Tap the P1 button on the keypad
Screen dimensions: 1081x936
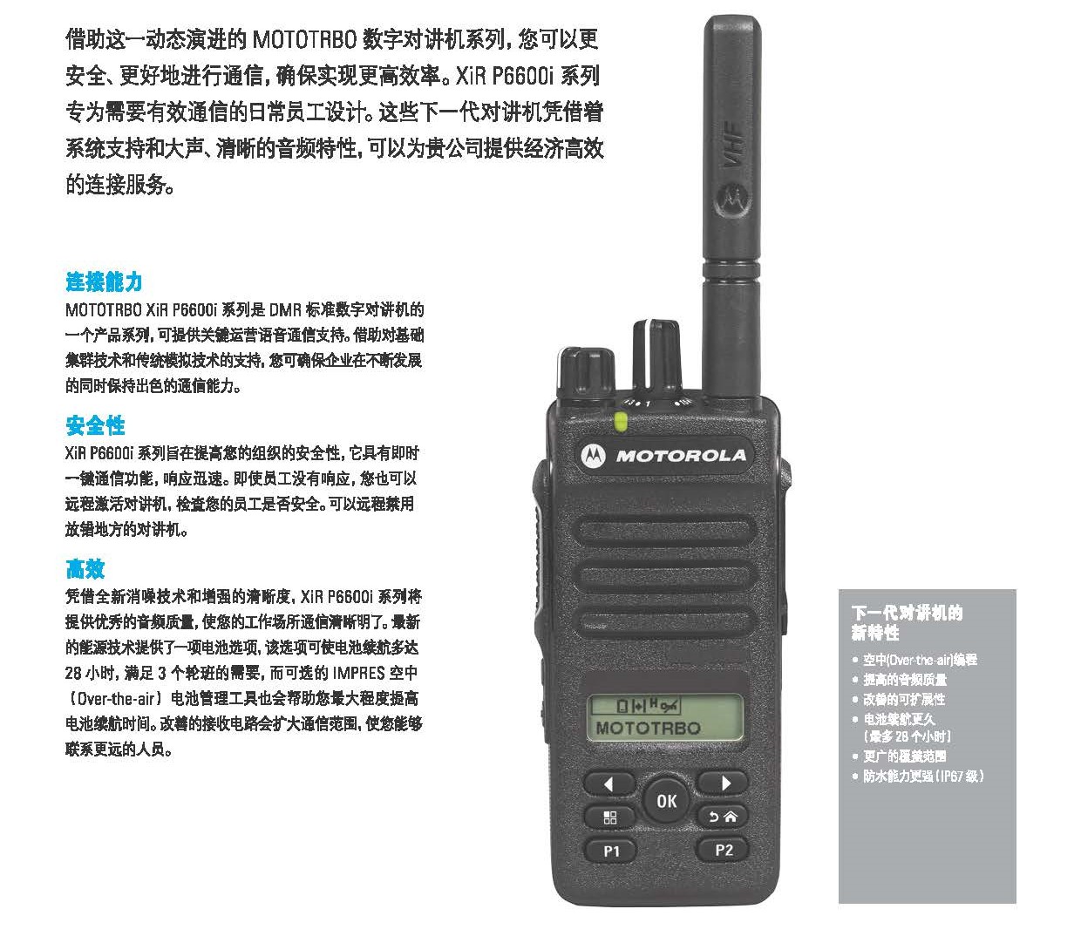610,851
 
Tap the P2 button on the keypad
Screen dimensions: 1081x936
724,850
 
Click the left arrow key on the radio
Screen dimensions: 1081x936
608,783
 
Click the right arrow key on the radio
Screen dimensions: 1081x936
724,783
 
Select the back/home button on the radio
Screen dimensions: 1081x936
723,817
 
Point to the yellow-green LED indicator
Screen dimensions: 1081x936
621,422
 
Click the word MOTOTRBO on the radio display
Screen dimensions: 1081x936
648,728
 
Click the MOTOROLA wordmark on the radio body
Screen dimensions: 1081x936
681,456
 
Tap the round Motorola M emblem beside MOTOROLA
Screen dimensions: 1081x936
593,456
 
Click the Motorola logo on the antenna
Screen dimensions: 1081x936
731,199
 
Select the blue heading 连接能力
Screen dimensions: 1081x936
104,281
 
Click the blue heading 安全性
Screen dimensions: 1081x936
95,425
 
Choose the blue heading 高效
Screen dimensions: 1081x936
85,568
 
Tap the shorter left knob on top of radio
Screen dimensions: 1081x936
585,372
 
